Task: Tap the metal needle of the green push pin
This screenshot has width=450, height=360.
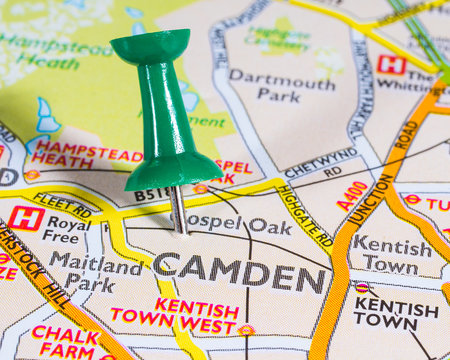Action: coord(178,209)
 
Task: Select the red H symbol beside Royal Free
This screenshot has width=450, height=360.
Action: coord(26,218)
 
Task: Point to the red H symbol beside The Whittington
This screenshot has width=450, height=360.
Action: coord(391,65)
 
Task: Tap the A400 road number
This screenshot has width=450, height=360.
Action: coord(352,196)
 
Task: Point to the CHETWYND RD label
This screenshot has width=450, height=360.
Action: coord(321,162)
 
